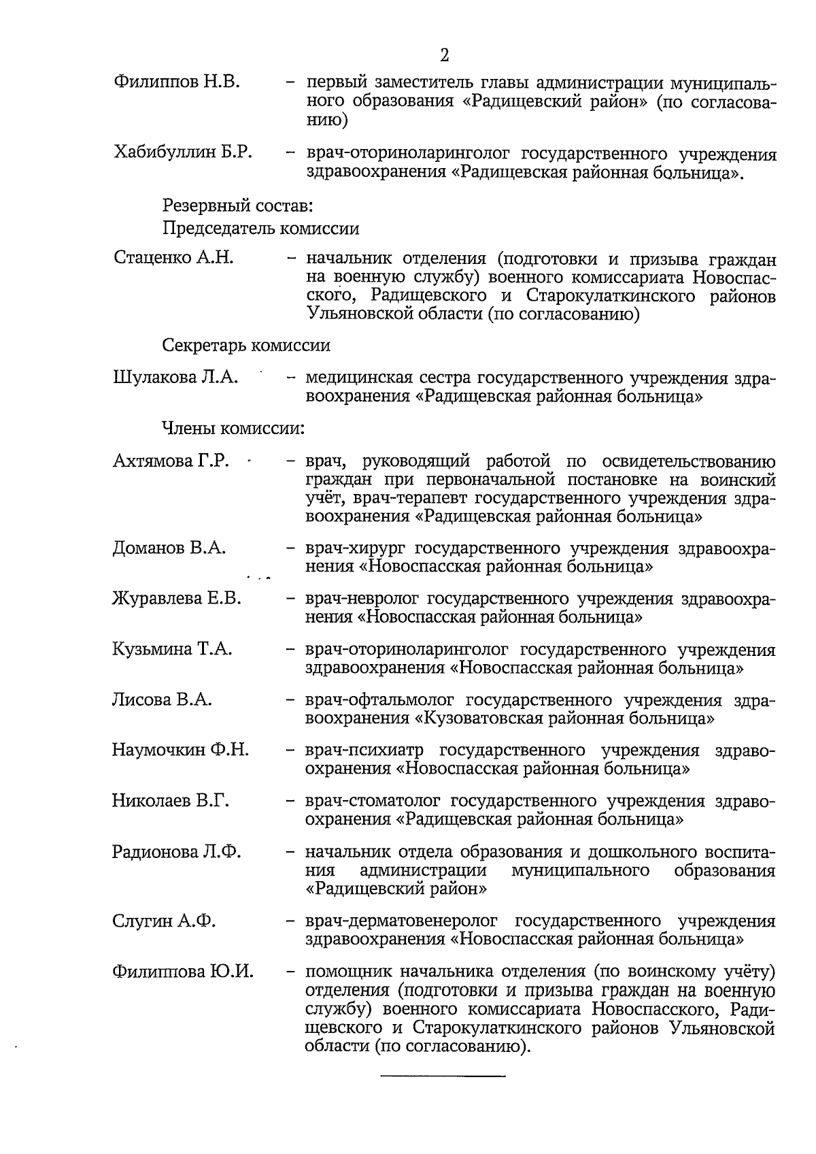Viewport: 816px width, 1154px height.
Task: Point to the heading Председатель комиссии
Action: click(x=260, y=229)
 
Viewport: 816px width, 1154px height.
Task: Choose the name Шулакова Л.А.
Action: click(x=175, y=378)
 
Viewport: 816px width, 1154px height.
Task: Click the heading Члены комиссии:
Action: click(x=233, y=429)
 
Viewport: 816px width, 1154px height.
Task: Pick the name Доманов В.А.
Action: click(x=169, y=548)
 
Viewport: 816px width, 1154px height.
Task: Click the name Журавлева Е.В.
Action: click(x=177, y=598)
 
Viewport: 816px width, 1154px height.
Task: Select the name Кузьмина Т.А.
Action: click(x=172, y=649)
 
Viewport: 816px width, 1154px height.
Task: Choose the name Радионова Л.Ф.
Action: click(x=177, y=852)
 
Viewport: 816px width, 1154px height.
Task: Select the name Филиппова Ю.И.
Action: click(x=183, y=972)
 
